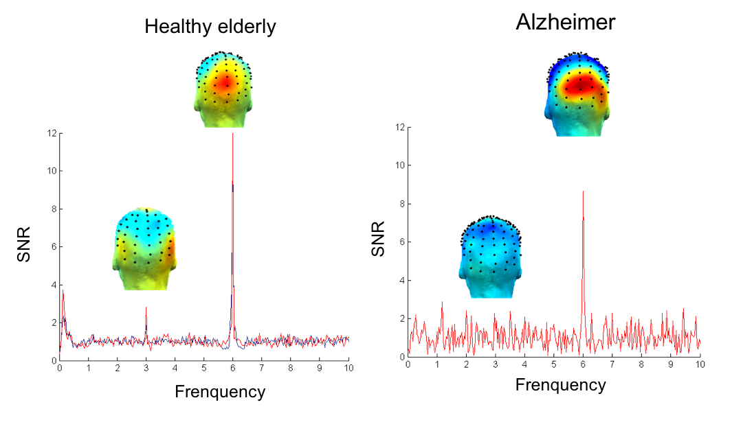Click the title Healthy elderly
click(x=210, y=27)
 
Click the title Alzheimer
click(x=565, y=23)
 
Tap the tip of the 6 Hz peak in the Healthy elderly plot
click(x=232, y=134)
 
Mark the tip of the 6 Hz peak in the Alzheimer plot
click(x=583, y=191)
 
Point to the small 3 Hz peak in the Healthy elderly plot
click(x=146, y=308)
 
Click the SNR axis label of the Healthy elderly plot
click(x=25, y=246)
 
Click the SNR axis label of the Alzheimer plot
click(x=377, y=241)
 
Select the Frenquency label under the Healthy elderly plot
click(x=220, y=392)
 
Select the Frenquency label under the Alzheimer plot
click(x=561, y=385)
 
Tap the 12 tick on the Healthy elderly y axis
click(x=51, y=133)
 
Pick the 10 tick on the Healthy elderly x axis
click(x=348, y=368)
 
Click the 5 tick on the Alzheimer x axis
click(x=554, y=364)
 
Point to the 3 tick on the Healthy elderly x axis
click(x=146, y=368)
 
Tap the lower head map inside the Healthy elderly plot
click(x=145, y=247)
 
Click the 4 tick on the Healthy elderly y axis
click(x=53, y=285)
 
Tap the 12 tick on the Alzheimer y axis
click(x=399, y=127)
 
